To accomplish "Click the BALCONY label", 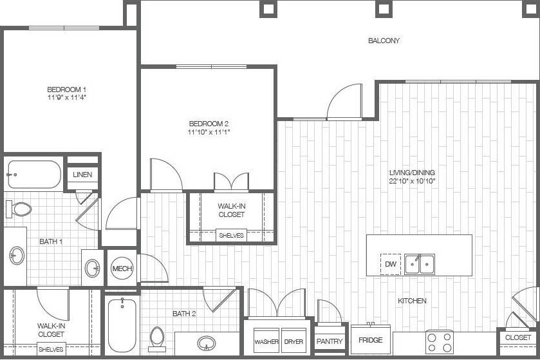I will [x=384, y=41].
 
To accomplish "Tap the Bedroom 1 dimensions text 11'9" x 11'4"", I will [x=66, y=97].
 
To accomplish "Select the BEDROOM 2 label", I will [x=209, y=124].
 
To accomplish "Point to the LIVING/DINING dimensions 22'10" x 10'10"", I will [x=412, y=181].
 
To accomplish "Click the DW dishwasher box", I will [x=390, y=264].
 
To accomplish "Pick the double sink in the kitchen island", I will [x=419, y=264].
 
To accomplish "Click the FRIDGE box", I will [x=371, y=339].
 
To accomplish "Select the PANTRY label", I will [x=330, y=341].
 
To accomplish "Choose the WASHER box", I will [x=266, y=341].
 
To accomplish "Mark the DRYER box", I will [x=294, y=341].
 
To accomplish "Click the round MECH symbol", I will [x=122, y=268].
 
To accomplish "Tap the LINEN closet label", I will [x=82, y=175].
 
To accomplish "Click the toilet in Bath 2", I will [x=157, y=337].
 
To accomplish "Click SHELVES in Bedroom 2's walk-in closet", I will [x=231, y=236].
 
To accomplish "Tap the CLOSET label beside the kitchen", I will [x=518, y=337].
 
